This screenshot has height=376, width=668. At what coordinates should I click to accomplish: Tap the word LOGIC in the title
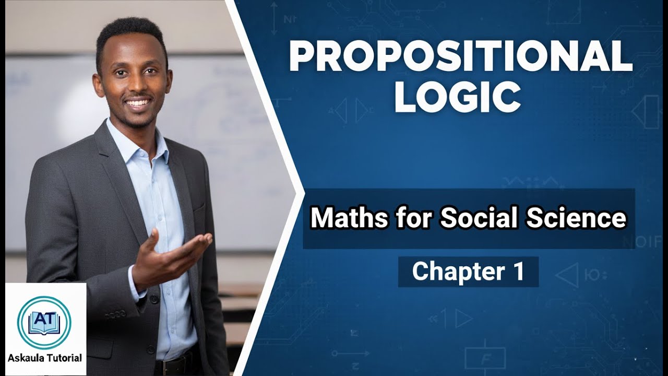[457, 97]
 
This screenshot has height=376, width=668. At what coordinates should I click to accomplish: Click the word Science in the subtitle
[576, 218]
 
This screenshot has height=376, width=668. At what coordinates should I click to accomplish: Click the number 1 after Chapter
[517, 272]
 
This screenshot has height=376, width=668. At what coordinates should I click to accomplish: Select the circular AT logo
[44, 322]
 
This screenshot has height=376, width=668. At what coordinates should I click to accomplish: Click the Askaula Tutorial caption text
[45, 358]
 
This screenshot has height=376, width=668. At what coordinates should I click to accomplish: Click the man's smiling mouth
[138, 103]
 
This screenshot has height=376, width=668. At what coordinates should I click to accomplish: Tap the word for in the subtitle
[413, 218]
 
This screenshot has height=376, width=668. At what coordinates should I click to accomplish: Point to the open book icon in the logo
[44, 329]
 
